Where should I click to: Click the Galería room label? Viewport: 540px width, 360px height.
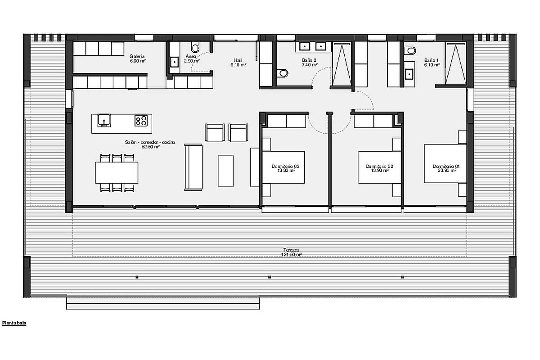click(137, 56)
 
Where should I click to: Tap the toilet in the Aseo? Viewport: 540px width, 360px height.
click(195, 47)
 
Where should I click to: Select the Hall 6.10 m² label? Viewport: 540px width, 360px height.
click(238, 63)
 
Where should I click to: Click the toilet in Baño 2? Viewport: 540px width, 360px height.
click(283, 73)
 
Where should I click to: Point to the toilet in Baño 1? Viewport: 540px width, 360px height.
click(410, 51)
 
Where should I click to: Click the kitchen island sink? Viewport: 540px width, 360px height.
click(104, 121)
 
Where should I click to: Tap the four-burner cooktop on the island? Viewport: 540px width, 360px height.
click(141, 121)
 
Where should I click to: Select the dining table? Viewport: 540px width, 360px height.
click(117, 173)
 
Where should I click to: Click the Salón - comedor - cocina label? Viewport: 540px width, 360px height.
click(150, 142)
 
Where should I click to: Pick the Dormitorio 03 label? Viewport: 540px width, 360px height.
click(286, 166)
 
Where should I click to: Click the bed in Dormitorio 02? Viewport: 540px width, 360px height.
click(380, 167)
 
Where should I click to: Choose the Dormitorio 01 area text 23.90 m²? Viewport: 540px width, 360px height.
click(447, 171)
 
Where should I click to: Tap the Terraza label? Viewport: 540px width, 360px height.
click(291, 250)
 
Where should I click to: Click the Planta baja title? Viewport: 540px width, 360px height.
click(14, 323)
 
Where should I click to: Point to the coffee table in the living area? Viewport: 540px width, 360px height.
click(225, 171)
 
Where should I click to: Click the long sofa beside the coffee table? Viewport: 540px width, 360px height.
click(193, 167)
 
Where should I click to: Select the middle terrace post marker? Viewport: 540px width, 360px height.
click(270, 277)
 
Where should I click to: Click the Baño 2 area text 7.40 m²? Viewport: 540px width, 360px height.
click(310, 65)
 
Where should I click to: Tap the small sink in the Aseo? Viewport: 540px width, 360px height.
click(174, 62)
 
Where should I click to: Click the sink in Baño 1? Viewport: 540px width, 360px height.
click(409, 74)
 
